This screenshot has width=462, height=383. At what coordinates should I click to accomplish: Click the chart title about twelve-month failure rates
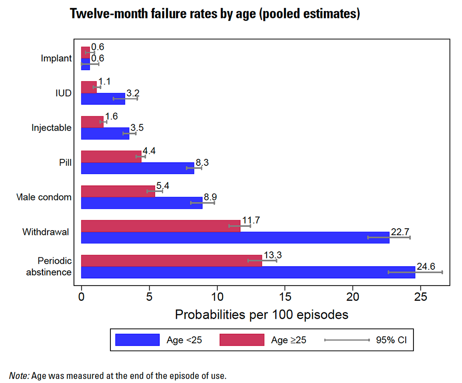[x=215, y=14]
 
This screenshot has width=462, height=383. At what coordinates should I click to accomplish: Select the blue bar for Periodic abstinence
[x=248, y=272]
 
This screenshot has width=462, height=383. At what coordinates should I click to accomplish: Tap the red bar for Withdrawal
[x=160, y=226]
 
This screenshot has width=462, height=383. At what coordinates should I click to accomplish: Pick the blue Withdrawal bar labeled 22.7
[x=235, y=237]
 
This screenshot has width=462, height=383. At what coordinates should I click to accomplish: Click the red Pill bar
[x=111, y=157]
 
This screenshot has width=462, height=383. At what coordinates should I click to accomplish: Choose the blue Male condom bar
[x=141, y=203]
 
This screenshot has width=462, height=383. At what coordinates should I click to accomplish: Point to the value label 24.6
[x=426, y=266]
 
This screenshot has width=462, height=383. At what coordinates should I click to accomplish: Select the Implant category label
[x=56, y=58]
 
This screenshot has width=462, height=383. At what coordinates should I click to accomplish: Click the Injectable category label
[x=51, y=128]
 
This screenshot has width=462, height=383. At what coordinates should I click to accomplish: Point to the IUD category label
[x=63, y=93]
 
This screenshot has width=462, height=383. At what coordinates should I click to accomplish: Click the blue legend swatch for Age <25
[x=137, y=340]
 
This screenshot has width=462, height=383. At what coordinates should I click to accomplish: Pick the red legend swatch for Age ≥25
[x=242, y=340]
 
